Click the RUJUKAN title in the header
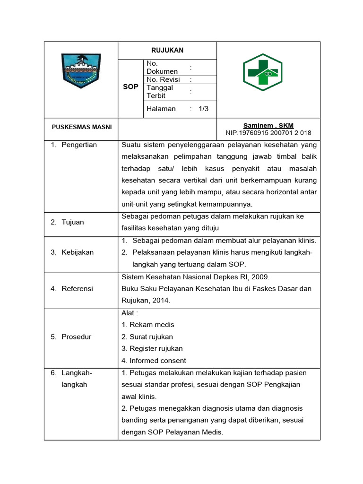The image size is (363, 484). (167, 50)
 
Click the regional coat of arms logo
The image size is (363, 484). (81, 70)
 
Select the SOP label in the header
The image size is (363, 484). (130, 87)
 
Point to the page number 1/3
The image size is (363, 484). (204, 109)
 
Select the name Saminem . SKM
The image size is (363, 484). (268, 125)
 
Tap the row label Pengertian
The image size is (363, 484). (79, 145)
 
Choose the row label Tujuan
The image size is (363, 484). (73, 222)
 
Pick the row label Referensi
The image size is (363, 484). (77, 288)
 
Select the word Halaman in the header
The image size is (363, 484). (161, 109)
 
